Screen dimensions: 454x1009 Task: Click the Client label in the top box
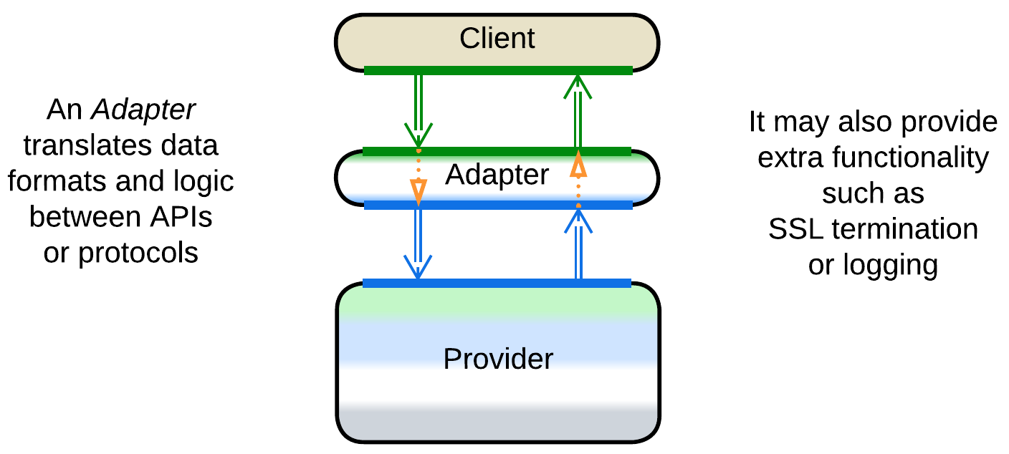497,39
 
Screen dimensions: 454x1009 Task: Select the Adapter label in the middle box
497,174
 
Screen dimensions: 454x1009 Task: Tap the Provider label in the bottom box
498,358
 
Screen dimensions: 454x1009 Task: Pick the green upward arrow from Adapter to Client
577,111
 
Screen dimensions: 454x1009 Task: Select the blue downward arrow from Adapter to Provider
419,243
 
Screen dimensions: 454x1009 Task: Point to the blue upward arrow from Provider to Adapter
578,243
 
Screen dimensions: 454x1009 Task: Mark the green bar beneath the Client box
498,70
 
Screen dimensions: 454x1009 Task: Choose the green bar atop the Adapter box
497,151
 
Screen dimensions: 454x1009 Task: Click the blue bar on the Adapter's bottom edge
498,206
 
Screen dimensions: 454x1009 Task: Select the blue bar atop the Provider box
497,284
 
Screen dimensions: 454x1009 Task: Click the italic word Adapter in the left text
143,110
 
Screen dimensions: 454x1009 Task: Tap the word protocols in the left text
138,253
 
